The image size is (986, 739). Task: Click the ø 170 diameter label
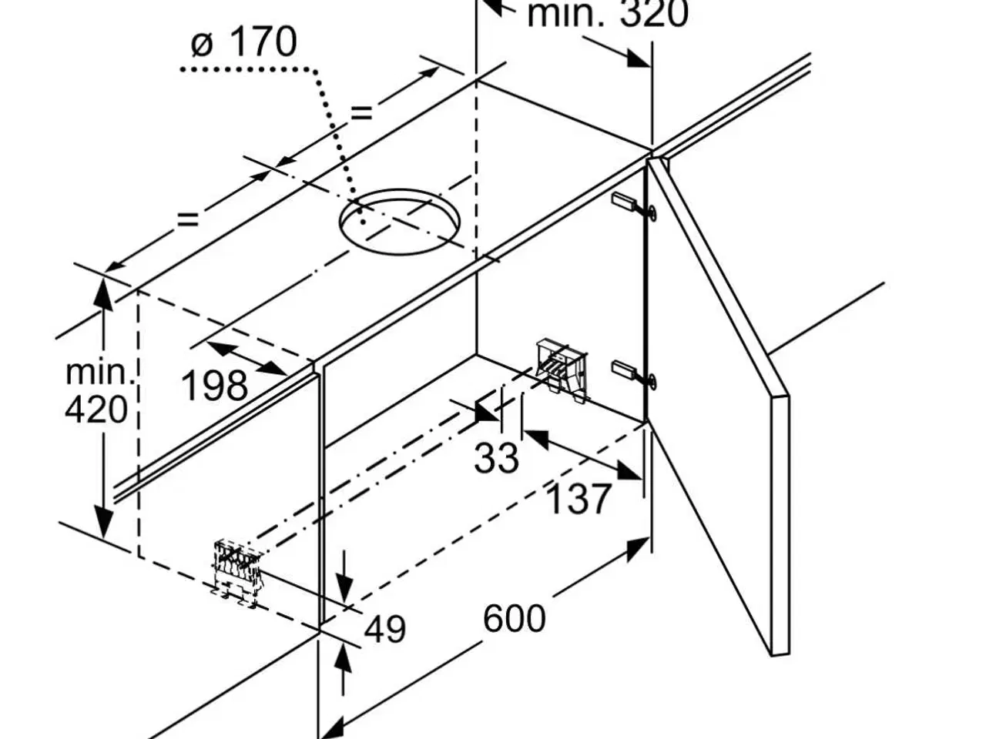(243, 42)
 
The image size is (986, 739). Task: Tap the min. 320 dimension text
(607, 14)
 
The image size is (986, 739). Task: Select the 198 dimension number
(215, 384)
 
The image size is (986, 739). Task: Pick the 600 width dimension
(515, 618)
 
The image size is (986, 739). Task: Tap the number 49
(384, 629)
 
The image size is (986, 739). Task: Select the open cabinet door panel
(716, 400)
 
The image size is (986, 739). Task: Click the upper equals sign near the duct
(361, 114)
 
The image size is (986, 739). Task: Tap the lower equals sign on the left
(188, 219)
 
